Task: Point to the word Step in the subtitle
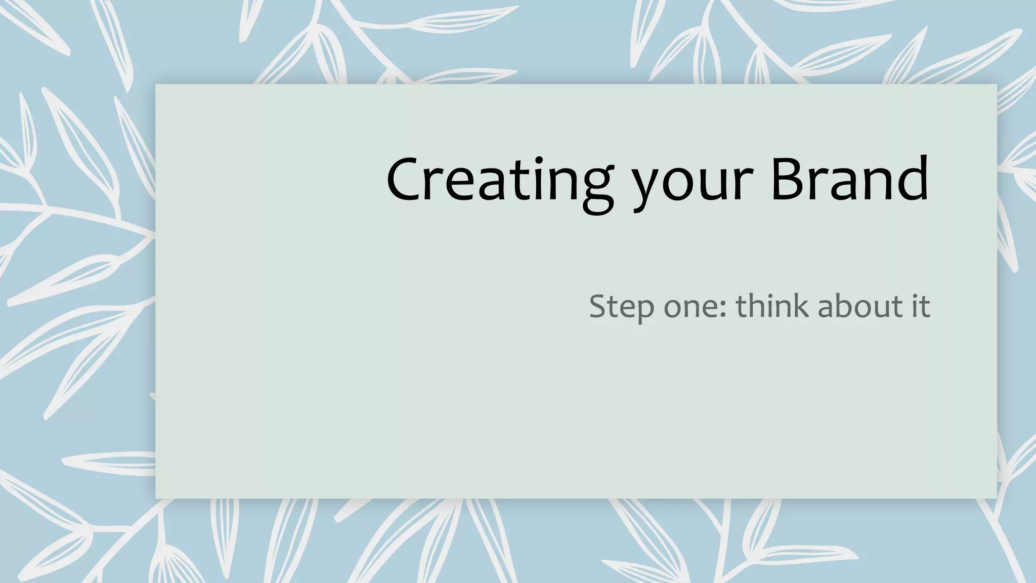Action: pyautogui.click(x=622, y=307)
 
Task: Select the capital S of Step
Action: pyautogui.click(x=599, y=306)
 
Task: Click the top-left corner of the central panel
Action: pyautogui.click(x=156, y=85)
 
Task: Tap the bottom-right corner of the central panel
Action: pyautogui.click(x=996, y=498)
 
